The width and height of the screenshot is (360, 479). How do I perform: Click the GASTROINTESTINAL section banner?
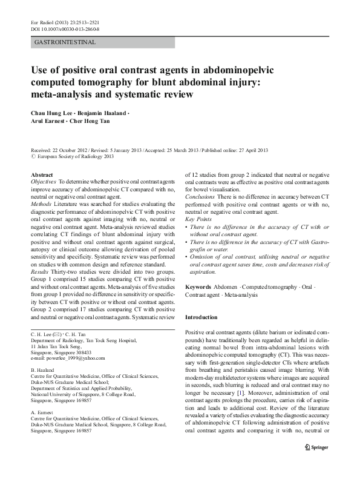[x=67, y=42]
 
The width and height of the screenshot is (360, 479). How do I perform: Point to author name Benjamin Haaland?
[x=105, y=113]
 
